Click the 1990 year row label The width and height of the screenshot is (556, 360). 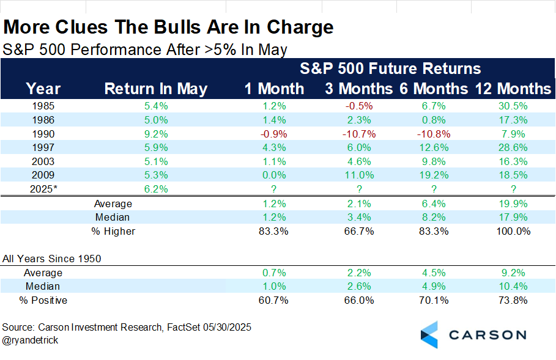43,133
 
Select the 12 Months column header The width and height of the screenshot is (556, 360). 513,89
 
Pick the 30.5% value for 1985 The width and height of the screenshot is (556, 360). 513,105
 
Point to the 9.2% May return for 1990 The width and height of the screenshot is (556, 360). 156,133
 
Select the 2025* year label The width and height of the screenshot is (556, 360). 43,189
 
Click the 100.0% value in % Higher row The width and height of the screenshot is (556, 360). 513,231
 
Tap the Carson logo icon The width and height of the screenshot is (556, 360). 430,334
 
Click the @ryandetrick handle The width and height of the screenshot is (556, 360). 31,340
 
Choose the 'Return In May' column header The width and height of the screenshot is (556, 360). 156,89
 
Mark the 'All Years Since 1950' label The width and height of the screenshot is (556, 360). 51,259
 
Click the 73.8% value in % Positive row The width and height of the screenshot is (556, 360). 513,300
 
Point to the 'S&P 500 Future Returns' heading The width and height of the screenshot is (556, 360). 391,68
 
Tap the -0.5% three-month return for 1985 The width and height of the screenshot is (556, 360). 359,105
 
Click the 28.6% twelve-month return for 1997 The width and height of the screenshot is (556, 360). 513,147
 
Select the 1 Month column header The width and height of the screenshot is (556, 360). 274,89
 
